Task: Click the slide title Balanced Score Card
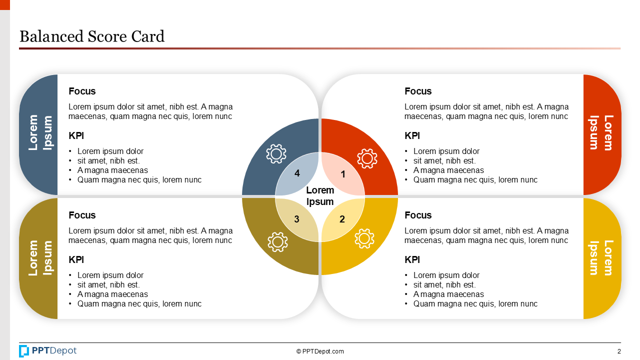(91, 36)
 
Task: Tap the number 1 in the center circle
(343, 174)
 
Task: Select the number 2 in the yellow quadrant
(342, 219)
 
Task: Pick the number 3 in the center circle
(296, 219)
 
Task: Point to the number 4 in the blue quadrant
(297, 173)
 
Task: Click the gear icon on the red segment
(367, 158)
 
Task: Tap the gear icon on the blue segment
(276, 153)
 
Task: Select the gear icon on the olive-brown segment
(277, 241)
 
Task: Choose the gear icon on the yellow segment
(364, 238)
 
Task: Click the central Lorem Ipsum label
(320, 196)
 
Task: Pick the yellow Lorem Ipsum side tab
(601, 258)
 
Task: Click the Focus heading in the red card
(418, 91)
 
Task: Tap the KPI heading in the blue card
(76, 135)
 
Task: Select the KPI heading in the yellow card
(412, 259)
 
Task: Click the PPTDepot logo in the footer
(48, 351)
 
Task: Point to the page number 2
(619, 351)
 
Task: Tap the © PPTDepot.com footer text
(320, 351)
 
